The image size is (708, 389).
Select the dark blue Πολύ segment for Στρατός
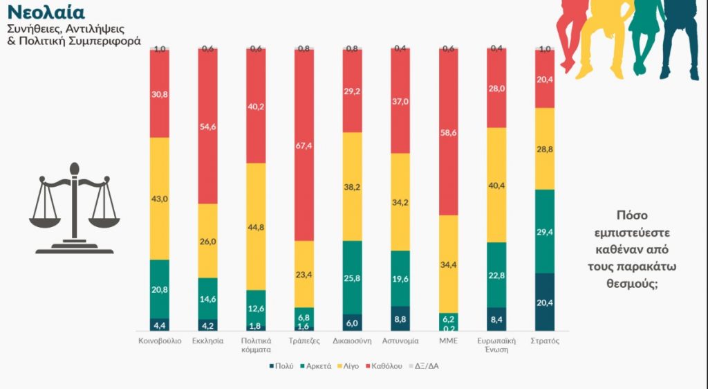pyautogui.click(x=545, y=302)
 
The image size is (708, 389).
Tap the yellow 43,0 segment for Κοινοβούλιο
pyautogui.click(x=160, y=199)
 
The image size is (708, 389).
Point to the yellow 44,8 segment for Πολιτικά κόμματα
pyautogui.click(x=256, y=226)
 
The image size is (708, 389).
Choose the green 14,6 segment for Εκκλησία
pyautogui.click(x=207, y=298)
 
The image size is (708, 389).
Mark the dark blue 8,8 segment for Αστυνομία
pyautogui.click(x=400, y=318)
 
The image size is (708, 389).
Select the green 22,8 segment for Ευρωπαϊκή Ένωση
pyautogui.click(x=496, y=275)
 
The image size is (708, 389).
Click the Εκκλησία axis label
pyautogui.click(x=207, y=341)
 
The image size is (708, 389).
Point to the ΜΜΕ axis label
pyautogui.click(x=449, y=341)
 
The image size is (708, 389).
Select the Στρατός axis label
pyautogui.click(x=545, y=341)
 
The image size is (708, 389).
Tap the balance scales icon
pyautogui.click(x=74, y=208)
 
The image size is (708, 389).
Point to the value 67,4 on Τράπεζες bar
pyautogui.click(x=304, y=146)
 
